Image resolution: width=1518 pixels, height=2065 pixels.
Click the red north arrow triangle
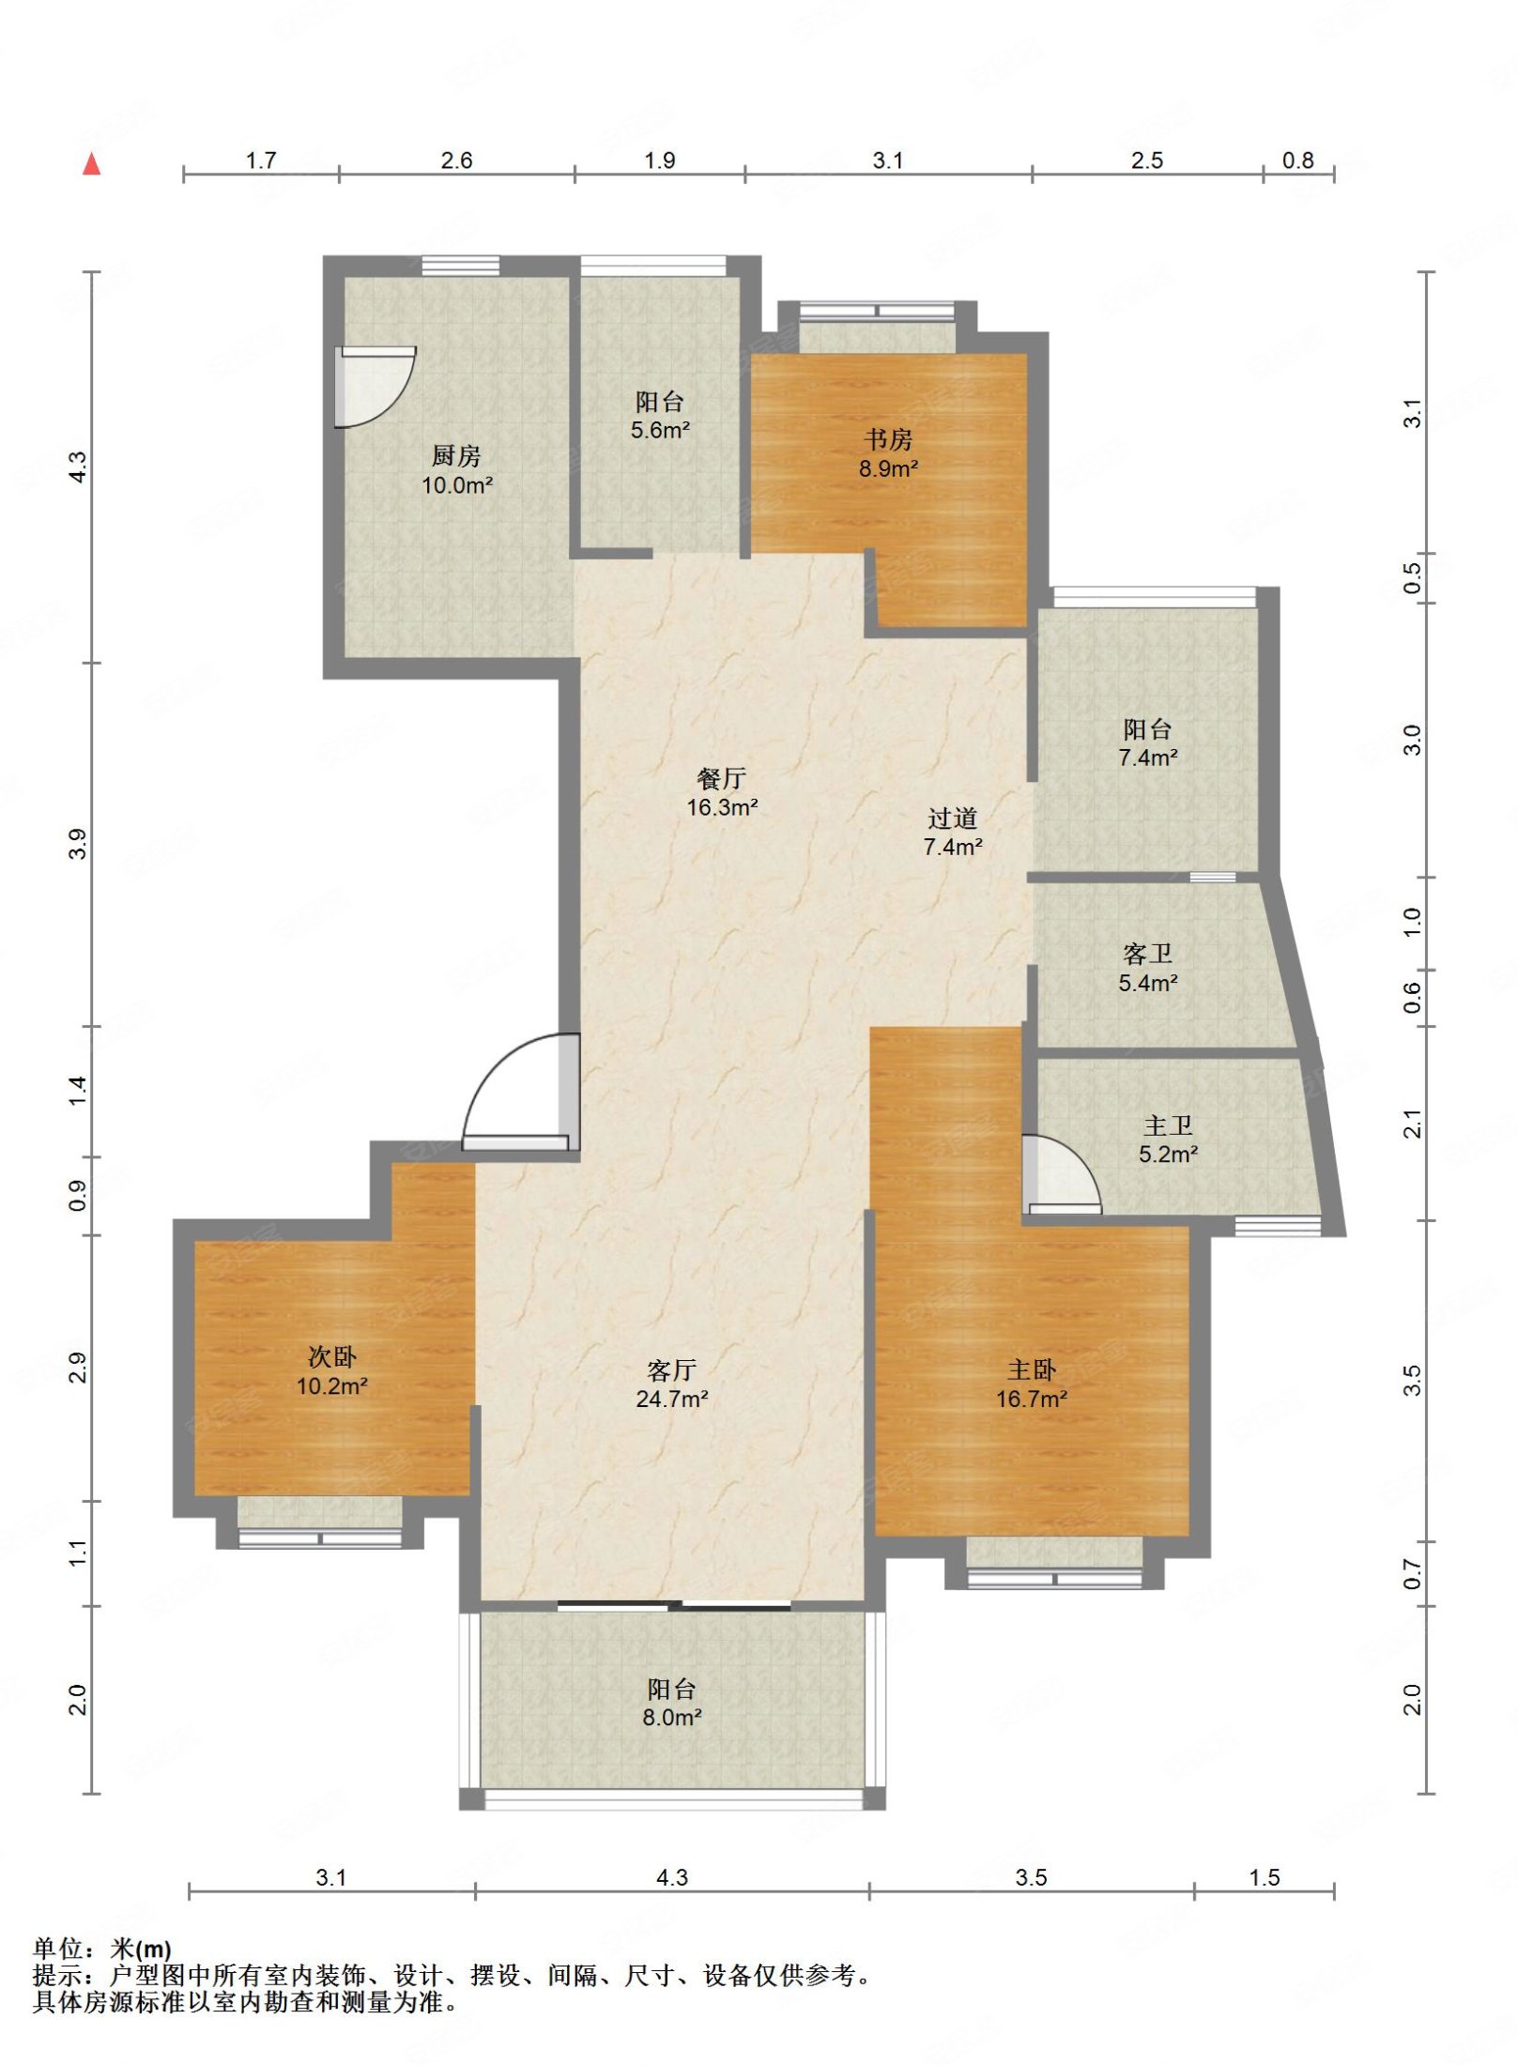pos(91,164)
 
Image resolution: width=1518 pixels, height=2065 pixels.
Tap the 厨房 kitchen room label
pos(457,470)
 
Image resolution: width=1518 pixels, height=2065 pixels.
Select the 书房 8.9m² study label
pos(888,453)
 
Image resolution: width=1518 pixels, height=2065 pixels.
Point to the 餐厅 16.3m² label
pos(722,792)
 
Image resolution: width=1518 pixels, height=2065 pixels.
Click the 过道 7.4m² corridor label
pos(953,832)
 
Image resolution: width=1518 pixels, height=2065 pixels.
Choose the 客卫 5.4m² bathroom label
pos(1148,968)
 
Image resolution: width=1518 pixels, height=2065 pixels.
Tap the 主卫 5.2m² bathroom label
pos(1168,1140)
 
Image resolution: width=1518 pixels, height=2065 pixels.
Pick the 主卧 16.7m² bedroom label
pos(1032,1384)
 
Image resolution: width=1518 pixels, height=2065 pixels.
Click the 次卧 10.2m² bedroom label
pos(332,1370)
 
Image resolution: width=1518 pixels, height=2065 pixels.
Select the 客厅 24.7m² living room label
pos(672,1384)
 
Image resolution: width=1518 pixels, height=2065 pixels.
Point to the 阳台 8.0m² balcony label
pos(672,1703)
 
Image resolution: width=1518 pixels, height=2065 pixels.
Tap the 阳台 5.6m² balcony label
pos(660,416)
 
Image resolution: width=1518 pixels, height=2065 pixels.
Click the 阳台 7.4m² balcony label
pos(1148,742)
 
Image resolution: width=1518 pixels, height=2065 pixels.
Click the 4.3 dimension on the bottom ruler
pos(672,1877)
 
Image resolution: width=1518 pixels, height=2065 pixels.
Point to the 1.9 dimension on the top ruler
pos(660,161)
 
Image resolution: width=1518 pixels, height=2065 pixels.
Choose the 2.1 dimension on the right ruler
pos(1412,1124)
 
